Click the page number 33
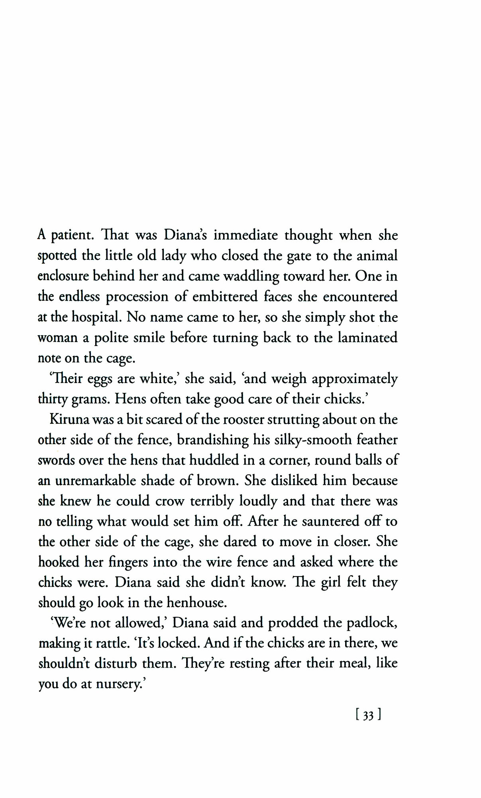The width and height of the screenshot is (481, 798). tap(368, 716)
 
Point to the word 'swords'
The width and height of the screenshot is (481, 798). tap(56, 460)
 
